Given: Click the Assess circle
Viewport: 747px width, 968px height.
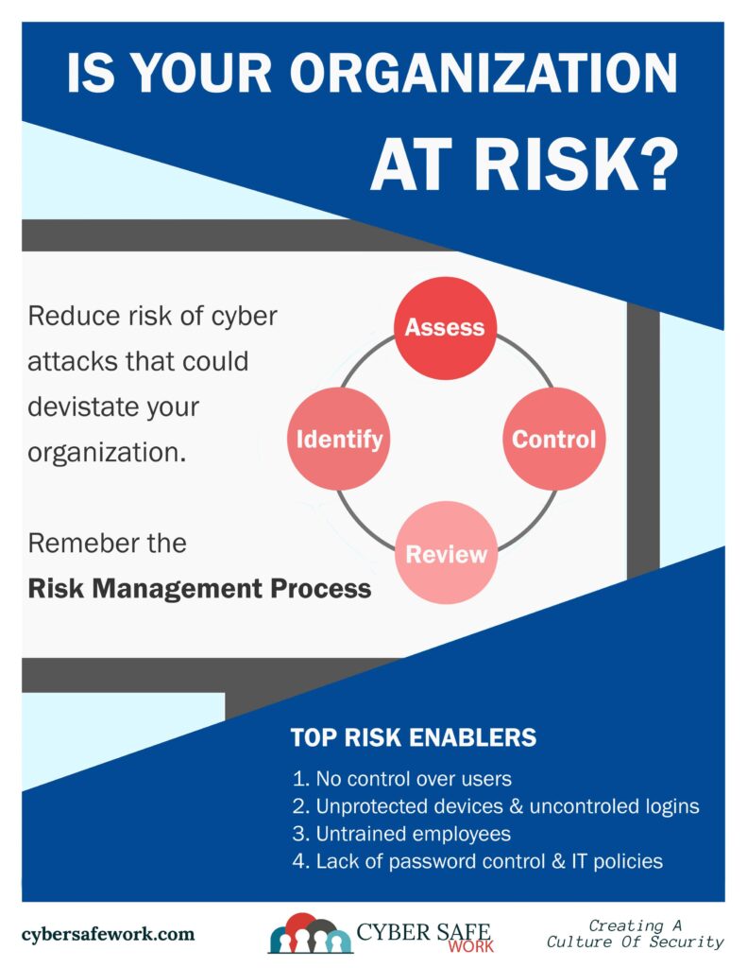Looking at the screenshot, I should tap(445, 328).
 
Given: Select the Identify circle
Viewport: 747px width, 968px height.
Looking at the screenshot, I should tap(339, 440).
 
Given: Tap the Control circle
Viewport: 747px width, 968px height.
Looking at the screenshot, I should tap(553, 440).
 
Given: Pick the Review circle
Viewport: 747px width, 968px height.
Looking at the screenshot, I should tap(446, 553).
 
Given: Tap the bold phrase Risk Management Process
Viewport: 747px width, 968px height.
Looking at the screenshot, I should tap(199, 588).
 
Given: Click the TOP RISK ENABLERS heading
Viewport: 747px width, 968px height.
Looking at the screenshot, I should tap(414, 737).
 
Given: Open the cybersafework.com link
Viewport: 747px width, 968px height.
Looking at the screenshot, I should tap(108, 935).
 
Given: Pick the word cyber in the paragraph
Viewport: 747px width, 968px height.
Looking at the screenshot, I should tap(248, 316).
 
